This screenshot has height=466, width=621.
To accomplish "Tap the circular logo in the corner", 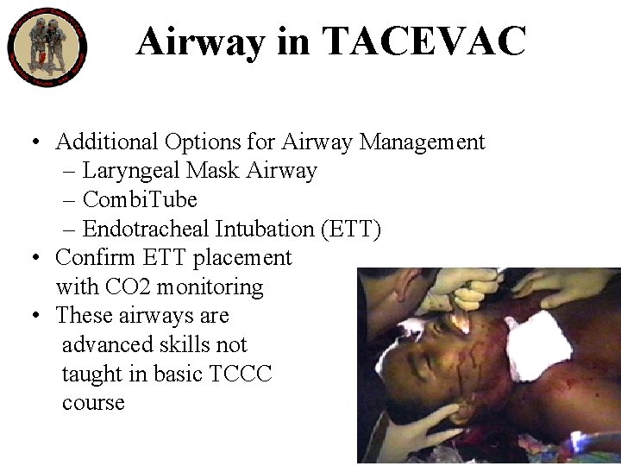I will [47, 47].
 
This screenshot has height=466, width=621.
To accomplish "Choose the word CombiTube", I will [140, 199].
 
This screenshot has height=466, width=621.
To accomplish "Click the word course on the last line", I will [93, 403].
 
